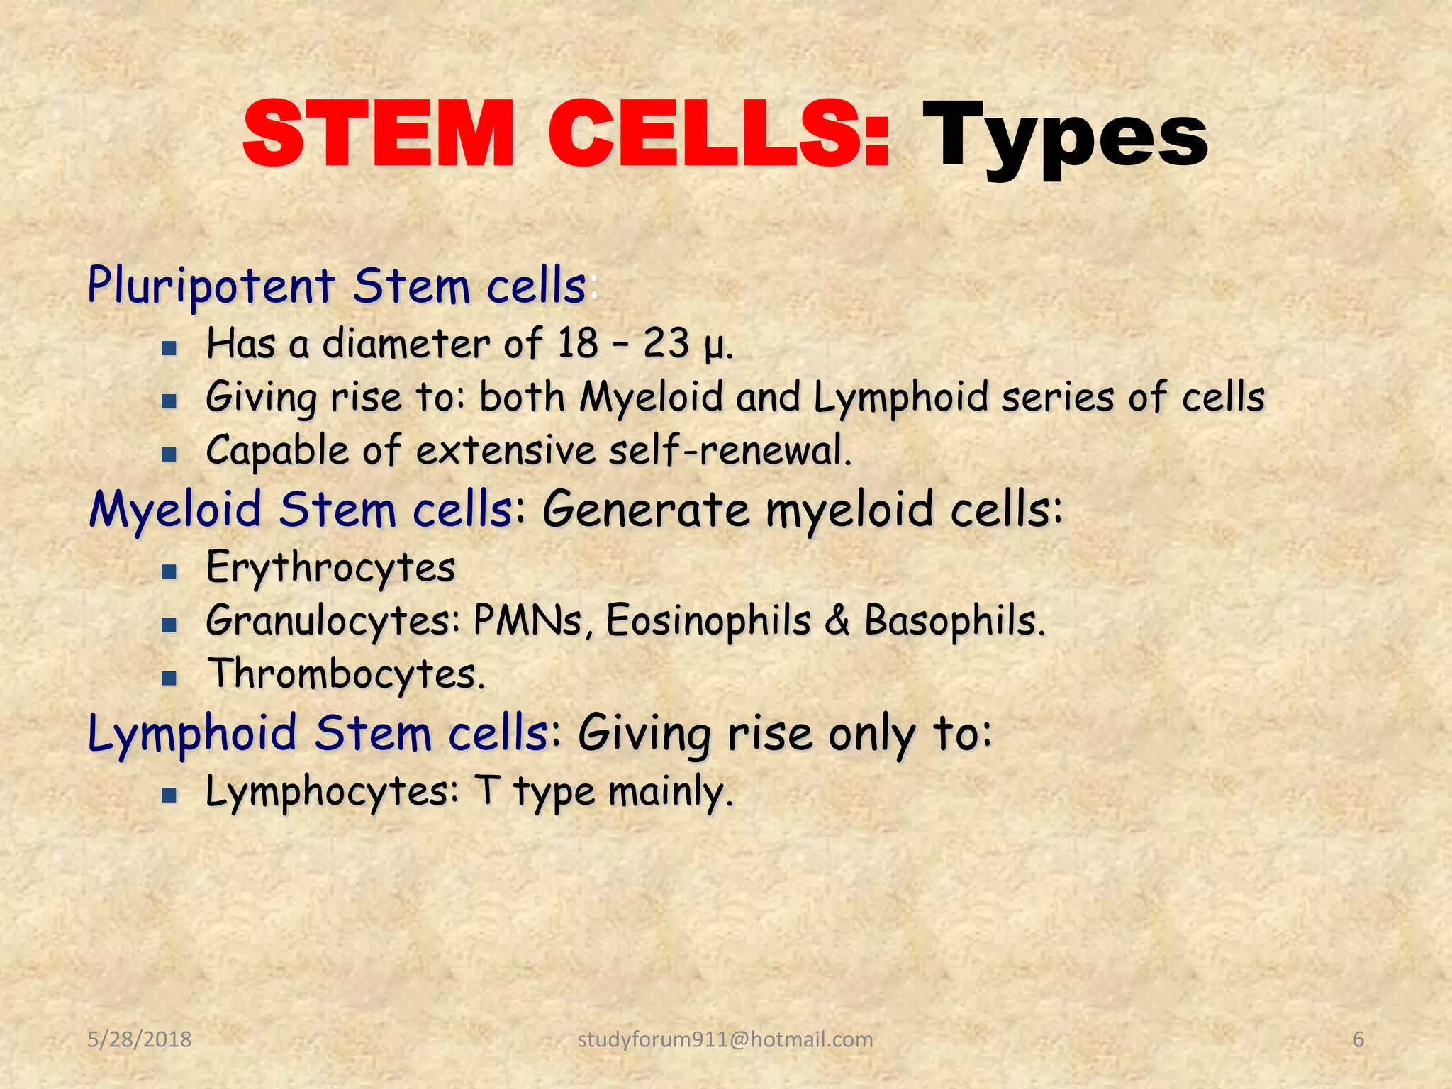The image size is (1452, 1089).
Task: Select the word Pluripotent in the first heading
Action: point(211,286)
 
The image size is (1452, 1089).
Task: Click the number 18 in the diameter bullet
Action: point(578,344)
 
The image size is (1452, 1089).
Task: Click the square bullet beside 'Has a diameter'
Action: point(169,348)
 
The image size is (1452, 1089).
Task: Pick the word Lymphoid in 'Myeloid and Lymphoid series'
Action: point(900,397)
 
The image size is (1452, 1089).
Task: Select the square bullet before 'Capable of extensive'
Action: point(169,454)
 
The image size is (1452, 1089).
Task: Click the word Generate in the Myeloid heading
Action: point(646,510)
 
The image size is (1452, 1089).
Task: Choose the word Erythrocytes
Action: point(330,568)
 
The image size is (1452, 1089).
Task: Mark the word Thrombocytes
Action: point(345,674)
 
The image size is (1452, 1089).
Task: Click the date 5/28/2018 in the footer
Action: point(140,1039)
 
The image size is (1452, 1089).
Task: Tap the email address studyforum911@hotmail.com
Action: point(725,1039)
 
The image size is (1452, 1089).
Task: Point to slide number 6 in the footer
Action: point(1358,1039)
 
